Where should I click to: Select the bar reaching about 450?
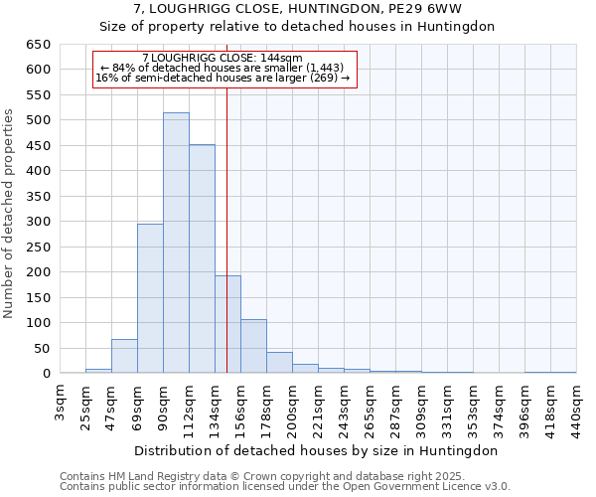point(202,259)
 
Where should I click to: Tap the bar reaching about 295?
point(150,298)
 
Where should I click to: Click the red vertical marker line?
point(226,199)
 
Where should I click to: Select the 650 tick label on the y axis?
point(37,45)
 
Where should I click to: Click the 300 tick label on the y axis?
point(37,222)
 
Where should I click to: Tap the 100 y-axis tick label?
point(37,323)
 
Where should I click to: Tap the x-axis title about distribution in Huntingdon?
point(315,450)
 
